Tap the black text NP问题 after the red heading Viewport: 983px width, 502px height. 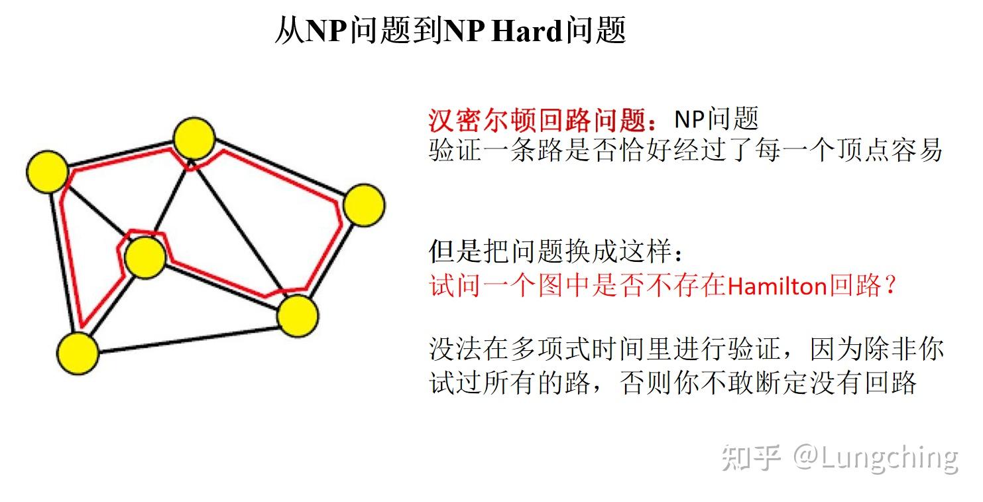716,120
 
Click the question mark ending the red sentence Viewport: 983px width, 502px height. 891,286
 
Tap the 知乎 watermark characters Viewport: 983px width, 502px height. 751,458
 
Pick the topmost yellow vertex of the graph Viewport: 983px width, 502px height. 194,138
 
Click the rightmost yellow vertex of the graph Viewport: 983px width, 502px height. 364,205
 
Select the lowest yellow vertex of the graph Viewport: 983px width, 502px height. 78,353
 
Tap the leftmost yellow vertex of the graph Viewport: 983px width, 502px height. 47,172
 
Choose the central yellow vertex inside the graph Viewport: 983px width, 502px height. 145,257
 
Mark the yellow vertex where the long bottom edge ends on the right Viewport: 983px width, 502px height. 298,316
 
